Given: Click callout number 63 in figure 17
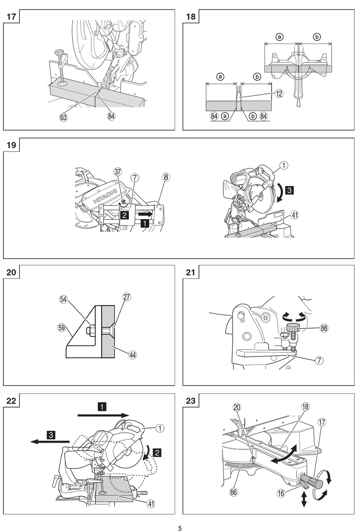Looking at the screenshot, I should pos(63,117).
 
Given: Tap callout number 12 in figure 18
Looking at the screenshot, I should pos(279,93).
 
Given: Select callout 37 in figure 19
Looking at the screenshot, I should pos(118,172).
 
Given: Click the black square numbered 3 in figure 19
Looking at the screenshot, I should pos(289,190).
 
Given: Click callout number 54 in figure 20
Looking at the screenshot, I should pos(63,299).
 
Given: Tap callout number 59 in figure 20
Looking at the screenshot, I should pos(61,327).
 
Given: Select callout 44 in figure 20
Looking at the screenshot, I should pos(133,355).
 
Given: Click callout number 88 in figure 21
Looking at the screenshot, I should pos(324,328).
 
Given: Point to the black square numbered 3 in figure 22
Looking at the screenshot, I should pos(51,435).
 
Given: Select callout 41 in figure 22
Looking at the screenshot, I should pos(151,504).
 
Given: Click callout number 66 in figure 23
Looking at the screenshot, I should pos(233,492).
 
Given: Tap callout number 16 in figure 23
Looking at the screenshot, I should pos(281,493).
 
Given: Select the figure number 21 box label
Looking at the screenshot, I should pos(191,272).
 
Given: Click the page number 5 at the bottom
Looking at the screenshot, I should pos(180,528).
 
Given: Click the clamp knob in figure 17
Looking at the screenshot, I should pos(59,54).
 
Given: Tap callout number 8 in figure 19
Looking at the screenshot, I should pos(166,177).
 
